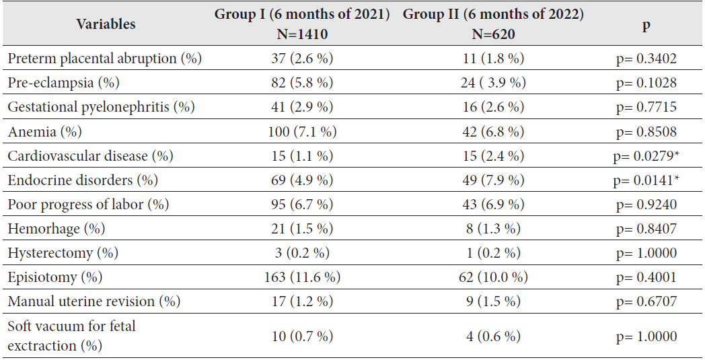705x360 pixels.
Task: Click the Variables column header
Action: click(106, 24)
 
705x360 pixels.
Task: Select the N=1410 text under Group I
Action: click(303, 34)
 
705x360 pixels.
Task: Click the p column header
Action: click(646, 24)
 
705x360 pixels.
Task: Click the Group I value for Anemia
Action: click(303, 131)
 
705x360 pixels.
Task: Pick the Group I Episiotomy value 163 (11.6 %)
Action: click(303, 277)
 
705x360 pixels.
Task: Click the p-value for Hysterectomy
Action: click(646, 253)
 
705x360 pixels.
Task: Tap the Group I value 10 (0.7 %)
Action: click(303, 336)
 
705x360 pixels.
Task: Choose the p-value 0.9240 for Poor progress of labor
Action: click(646, 205)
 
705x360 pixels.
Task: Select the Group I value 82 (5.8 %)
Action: click(303, 83)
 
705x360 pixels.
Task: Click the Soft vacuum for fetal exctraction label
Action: click(71, 336)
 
